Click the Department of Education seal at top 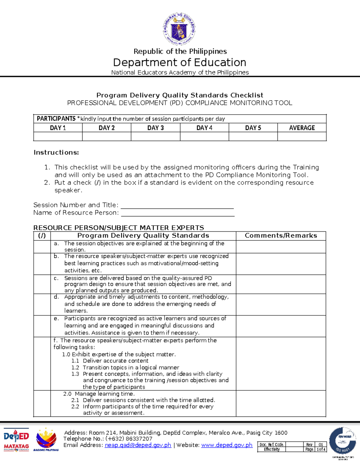tap(180, 29)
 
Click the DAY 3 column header tap(155, 128)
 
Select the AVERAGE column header tap(302, 128)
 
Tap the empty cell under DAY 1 tap(58, 137)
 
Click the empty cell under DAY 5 tap(253, 137)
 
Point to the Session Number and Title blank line tap(177, 206)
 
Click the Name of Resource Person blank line tap(177, 213)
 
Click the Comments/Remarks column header tap(281, 236)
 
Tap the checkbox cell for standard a tap(42, 247)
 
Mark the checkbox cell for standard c tap(42, 284)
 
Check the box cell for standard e tap(42, 326)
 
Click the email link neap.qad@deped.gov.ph tap(138, 445)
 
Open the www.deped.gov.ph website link tap(226, 445)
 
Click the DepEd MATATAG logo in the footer tap(16, 439)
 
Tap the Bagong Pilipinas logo tap(46, 440)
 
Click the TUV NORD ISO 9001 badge tap(342, 441)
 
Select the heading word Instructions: tap(56, 152)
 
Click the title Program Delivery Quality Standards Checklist tap(180, 95)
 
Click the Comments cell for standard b tap(281, 264)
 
